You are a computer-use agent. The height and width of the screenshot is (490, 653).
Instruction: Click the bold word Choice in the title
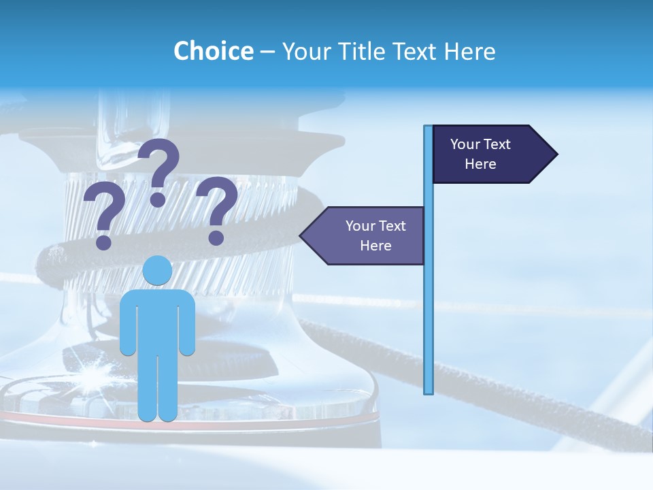[x=213, y=51]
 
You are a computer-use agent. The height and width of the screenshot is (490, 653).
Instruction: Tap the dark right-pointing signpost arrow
[x=490, y=154]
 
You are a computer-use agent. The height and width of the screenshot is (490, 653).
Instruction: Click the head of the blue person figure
[x=157, y=271]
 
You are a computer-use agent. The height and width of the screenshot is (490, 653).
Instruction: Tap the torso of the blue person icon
[x=157, y=320]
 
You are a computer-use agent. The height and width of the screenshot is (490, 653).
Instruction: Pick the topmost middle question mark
[x=160, y=170]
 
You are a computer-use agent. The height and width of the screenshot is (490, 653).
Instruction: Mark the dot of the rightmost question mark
[x=216, y=238]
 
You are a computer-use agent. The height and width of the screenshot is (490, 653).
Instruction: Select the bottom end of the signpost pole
[x=429, y=391]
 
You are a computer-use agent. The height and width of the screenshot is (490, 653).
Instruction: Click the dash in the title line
[x=267, y=52]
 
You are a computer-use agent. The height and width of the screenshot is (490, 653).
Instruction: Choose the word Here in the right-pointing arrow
[x=480, y=164]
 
